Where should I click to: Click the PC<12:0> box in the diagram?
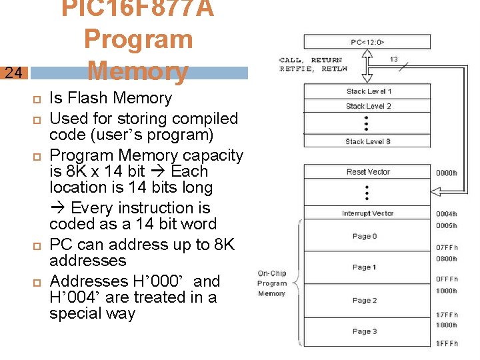(x=368, y=43)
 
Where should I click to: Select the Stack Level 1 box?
(x=369, y=91)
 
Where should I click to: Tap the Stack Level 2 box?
(x=369, y=106)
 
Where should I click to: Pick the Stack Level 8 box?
(x=369, y=141)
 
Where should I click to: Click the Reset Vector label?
(x=369, y=172)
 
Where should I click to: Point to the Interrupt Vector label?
(x=368, y=214)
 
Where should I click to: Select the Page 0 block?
(x=365, y=236)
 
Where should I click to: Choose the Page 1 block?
(x=365, y=267)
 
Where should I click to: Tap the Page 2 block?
(x=365, y=300)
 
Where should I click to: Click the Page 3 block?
(x=365, y=331)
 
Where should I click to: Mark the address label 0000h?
(x=446, y=173)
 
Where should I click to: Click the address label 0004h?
(x=446, y=214)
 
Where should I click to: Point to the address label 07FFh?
(x=446, y=248)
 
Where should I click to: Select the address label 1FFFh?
(x=446, y=343)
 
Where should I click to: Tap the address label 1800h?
(x=446, y=325)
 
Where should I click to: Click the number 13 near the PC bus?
(x=394, y=59)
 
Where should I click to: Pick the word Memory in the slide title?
(x=137, y=71)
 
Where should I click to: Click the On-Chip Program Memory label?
(x=271, y=283)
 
